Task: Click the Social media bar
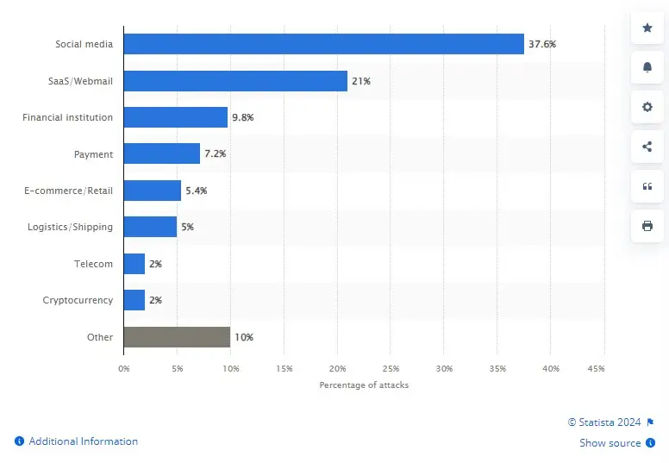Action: click(x=323, y=44)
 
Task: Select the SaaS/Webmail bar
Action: click(x=235, y=81)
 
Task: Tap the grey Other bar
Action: click(x=177, y=337)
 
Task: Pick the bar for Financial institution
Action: click(x=176, y=117)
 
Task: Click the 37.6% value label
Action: click(x=542, y=45)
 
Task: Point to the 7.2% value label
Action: click(x=215, y=154)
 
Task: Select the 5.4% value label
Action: click(x=197, y=191)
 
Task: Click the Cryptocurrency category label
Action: click(x=78, y=300)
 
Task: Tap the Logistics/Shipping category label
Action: click(x=70, y=227)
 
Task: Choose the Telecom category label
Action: click(x=93, y=264)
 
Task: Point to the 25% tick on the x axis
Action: click(x=390, y=368)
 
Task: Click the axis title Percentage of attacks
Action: click(x=364, y=385)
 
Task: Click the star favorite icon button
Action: click(x=647, y=28)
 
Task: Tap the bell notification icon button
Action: click(x=647, y=67)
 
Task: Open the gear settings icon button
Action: click(x=647, y=107)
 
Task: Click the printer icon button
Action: click(x=647, y=226)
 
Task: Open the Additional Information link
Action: click(x=83, y=441)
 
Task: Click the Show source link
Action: click(x=610, y=443)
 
